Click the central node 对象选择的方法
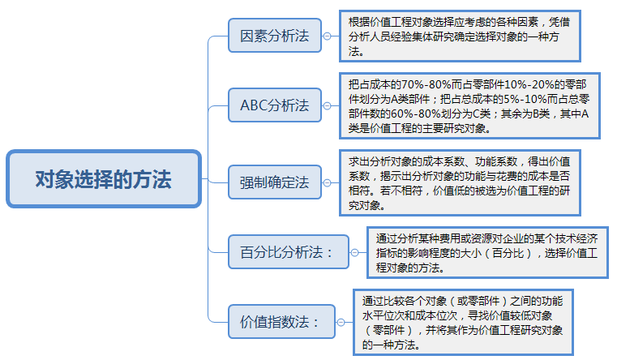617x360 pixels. click(103, 178)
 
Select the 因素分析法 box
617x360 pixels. click(274, 37)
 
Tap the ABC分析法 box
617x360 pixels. click(274, 105)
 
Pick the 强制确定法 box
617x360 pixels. click(274, 182)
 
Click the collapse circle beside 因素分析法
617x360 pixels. click(327, 37)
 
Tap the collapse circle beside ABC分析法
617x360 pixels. click(327, 105)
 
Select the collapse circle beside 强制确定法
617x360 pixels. click(327, 182)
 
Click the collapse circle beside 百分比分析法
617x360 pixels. click(354, 252)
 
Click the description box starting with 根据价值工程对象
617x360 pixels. click(461, 37)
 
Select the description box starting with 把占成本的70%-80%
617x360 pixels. click(461, 105)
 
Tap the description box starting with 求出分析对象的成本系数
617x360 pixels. click(461, 182)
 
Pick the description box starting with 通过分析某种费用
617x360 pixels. click(489, 252)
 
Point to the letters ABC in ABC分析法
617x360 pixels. click(253, 105)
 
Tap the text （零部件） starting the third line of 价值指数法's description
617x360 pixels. click(389, 331)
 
